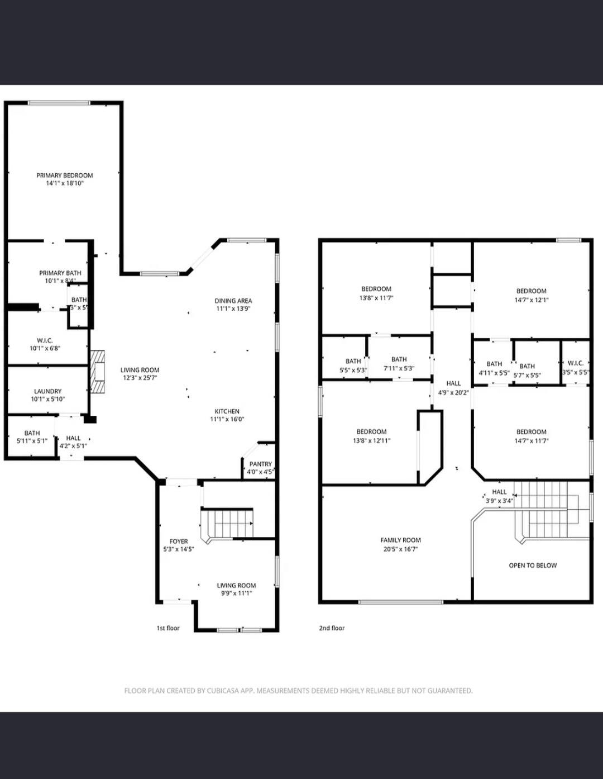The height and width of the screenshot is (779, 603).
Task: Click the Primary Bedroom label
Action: point(65,175)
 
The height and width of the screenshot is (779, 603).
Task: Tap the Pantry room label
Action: point(261,464)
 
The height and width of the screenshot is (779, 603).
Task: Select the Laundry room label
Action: point(48,391)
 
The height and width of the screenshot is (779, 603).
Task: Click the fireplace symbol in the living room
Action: point(98,372)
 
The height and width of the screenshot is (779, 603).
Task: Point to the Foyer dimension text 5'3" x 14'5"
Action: point(179,549)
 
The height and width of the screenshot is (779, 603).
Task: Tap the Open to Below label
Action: point(533,566)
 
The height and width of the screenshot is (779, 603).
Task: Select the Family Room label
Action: point(400,540)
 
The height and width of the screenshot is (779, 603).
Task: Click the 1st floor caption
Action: point(168,628)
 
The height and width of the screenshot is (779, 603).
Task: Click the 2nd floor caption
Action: point(332,628)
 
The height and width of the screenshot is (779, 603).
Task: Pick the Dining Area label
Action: point(233,301)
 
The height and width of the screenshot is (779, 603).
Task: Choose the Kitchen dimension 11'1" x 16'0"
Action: point(227,419)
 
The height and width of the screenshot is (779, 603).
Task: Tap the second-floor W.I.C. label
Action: point(576,363)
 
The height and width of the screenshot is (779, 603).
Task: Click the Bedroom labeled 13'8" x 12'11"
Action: point(371,431)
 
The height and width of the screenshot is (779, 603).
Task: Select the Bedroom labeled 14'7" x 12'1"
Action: point(531,291)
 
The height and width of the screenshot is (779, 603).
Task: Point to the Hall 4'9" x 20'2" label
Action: point(453,383)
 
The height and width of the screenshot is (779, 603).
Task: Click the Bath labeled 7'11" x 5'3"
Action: point(399,359)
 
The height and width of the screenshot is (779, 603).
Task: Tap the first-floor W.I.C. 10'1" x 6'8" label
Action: point(45,340)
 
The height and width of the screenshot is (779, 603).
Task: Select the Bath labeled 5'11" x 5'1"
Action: point(32,433)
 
